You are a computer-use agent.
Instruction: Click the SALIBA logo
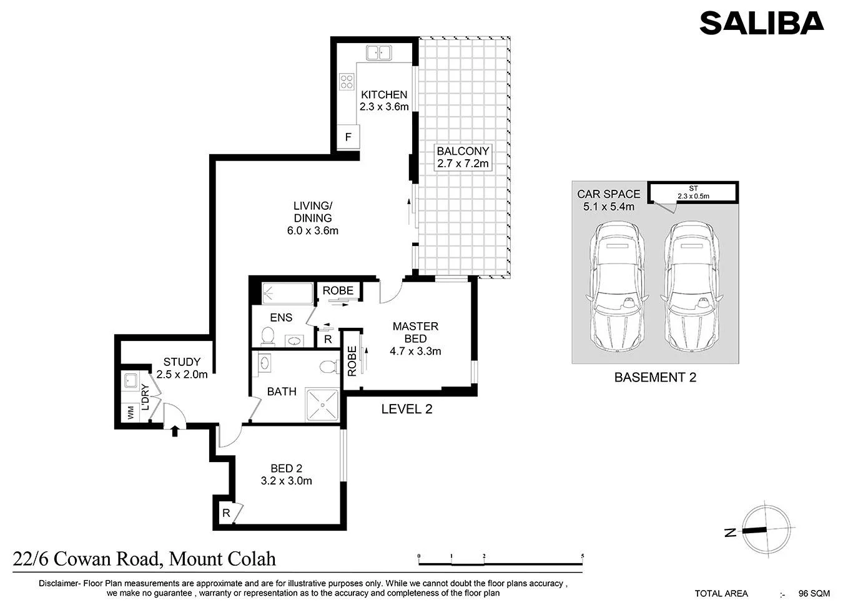tap(762, 23)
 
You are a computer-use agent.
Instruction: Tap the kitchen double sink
tap(378, 53)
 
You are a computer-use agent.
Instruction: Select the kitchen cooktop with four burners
tap(347, 82)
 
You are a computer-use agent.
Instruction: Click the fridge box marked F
tap(348, 137)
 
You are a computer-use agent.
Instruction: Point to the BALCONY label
tap(463, 151)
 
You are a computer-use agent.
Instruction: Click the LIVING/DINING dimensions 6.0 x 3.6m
tap(313, 230)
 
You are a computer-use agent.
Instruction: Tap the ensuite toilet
tap(268, 337)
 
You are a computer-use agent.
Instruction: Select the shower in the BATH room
tap(322, 405)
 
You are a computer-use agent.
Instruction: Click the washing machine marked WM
tap(131, 413)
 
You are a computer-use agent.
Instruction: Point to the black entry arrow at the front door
tap(175, 431)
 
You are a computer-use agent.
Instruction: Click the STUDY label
tap(182, 362)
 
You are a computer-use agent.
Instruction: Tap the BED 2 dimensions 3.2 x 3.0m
tap(287, 481)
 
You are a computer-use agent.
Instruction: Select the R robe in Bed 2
tap(226, 513)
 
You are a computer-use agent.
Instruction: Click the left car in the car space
tap(617, 287)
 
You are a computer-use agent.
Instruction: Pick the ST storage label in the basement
tap(693, 189)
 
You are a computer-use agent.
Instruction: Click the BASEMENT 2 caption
tap(656, 377)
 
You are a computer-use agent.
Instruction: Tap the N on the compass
tap(730, 532)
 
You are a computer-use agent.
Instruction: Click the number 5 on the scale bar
tap(583, 556)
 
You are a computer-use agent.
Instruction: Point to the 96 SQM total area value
tap(814, 593)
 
